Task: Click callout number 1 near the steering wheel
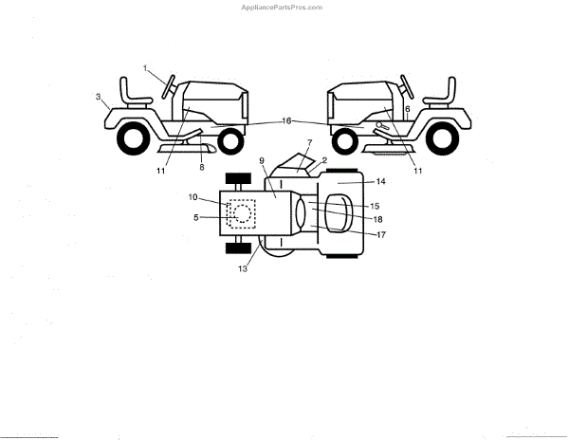146,68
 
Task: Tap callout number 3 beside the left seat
99,97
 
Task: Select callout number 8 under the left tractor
200,167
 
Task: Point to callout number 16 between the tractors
287,121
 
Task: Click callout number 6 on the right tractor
407,110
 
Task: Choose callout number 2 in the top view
324,160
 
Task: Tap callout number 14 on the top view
379,180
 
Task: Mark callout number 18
377,219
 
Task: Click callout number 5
196,218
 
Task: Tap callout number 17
379,234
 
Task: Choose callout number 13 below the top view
243,270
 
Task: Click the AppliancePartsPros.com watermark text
284,6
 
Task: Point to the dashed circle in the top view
242,215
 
